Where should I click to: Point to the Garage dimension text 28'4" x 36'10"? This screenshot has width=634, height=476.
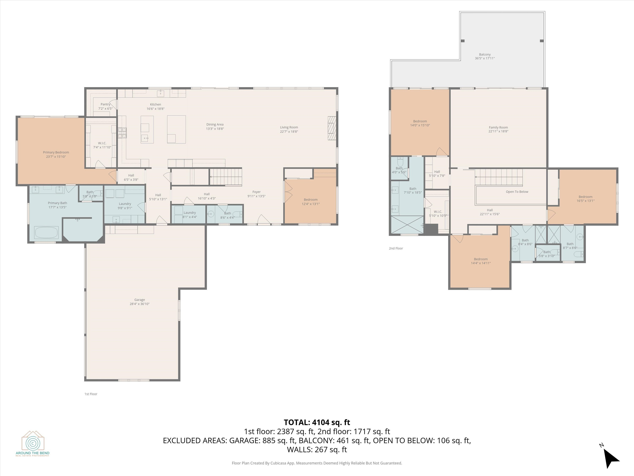(139, 304)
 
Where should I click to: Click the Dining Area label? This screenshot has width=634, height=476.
(215, 125)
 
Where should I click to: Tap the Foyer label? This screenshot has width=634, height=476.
(257, 192)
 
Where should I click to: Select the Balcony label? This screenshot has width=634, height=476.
(485, 55)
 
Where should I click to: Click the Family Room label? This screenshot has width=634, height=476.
(498, 127)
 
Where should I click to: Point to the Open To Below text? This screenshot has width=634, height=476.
(517, 192)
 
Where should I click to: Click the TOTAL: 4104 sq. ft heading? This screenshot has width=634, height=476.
(317, 422)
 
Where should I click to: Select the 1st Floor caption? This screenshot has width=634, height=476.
(91, 394)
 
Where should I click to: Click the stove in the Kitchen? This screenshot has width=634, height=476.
(122, 133)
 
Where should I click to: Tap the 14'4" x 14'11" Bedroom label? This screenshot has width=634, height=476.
(481, 261)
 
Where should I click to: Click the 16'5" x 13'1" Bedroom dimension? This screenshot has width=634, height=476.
(586, 201)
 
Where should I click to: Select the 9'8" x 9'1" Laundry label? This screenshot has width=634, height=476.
(125, 206)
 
